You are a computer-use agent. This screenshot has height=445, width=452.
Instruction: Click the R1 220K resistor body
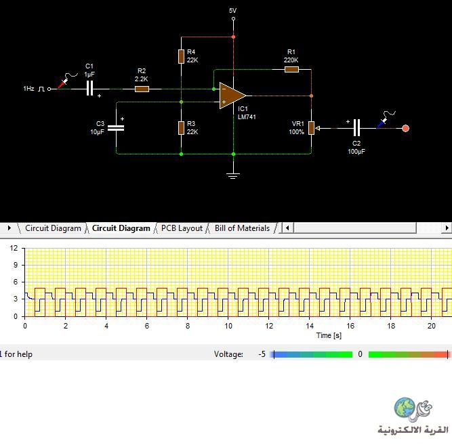tap(291, 70)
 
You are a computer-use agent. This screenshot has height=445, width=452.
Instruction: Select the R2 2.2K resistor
tap(142, 89)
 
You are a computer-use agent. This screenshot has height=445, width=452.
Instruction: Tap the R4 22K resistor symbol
tap(181, 56)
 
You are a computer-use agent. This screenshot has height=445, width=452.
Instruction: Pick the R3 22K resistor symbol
tap(181, 128)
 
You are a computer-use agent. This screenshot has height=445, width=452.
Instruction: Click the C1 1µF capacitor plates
tap(90, 88)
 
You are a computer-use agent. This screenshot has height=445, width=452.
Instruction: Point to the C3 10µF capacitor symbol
tap(116, 128)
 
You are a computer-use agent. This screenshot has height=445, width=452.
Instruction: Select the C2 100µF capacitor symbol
tap(357, 128)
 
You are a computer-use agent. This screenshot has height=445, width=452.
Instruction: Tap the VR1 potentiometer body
tap(311, 128)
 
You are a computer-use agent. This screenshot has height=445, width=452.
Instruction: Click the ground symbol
tap(233, 175)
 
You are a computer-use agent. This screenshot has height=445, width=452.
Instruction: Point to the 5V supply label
tap(232, 11)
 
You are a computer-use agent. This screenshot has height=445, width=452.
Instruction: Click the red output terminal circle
tap(406, 128)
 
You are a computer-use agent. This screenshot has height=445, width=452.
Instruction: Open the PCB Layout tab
tap(182, 228)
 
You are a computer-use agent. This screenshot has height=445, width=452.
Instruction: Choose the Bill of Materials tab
tap(242, 228)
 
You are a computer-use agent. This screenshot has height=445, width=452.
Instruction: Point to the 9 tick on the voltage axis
tap(16, 265)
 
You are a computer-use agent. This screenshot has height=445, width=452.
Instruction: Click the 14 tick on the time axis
tap(310, 326)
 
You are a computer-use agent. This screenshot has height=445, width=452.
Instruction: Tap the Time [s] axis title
tap(329, 335)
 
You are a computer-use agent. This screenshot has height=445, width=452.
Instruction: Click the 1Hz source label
tap(28, 89)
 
